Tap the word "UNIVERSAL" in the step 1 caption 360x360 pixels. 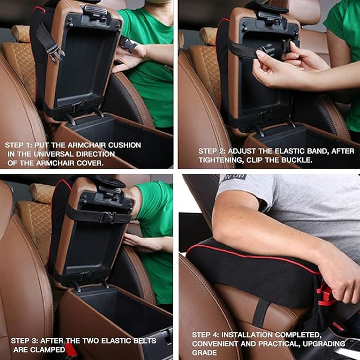pyautogui.click(x=47, y=153)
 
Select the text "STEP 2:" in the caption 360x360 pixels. pyautogui.click(x=213, y=151)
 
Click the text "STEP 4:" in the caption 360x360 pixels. pyautogui.click(x=206, y=335)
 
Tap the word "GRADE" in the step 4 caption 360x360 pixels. pyautogui.click(x=204, y=352)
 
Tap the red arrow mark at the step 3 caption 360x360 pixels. pyautogui.click(x=70, y=349)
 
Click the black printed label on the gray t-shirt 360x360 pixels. pyautogui.click(x=233, y=178)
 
